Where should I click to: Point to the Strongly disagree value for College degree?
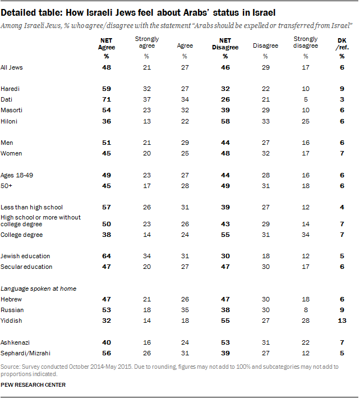point(305,235)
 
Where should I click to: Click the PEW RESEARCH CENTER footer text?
point(34,385)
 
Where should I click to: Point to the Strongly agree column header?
point(146,42)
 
